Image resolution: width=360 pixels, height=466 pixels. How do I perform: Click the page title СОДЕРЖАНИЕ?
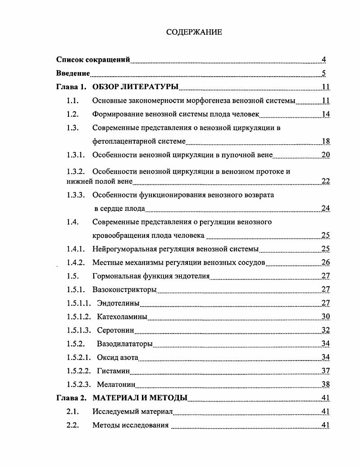point(194,32)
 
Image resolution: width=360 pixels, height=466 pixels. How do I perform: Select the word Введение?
point(73,73)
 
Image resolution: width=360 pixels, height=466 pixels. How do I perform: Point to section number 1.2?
point(73,114)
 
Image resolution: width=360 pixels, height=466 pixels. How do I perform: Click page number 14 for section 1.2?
point(325,114)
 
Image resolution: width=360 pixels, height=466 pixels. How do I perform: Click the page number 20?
point(325,155)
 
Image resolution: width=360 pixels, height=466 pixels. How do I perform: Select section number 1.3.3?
point(76,195)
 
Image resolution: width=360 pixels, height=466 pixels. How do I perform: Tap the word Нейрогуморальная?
point(124,249)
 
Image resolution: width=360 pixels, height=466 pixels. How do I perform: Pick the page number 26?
point(325,263)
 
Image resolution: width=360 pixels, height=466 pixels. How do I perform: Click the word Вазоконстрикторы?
point(124,289)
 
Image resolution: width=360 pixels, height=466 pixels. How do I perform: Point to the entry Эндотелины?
point(118,303)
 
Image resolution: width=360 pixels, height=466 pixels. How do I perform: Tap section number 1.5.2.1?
point(79,358)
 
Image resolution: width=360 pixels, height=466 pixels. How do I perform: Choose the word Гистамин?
point(113,371)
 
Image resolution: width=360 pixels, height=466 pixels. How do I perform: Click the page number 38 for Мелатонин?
point(325,385)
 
